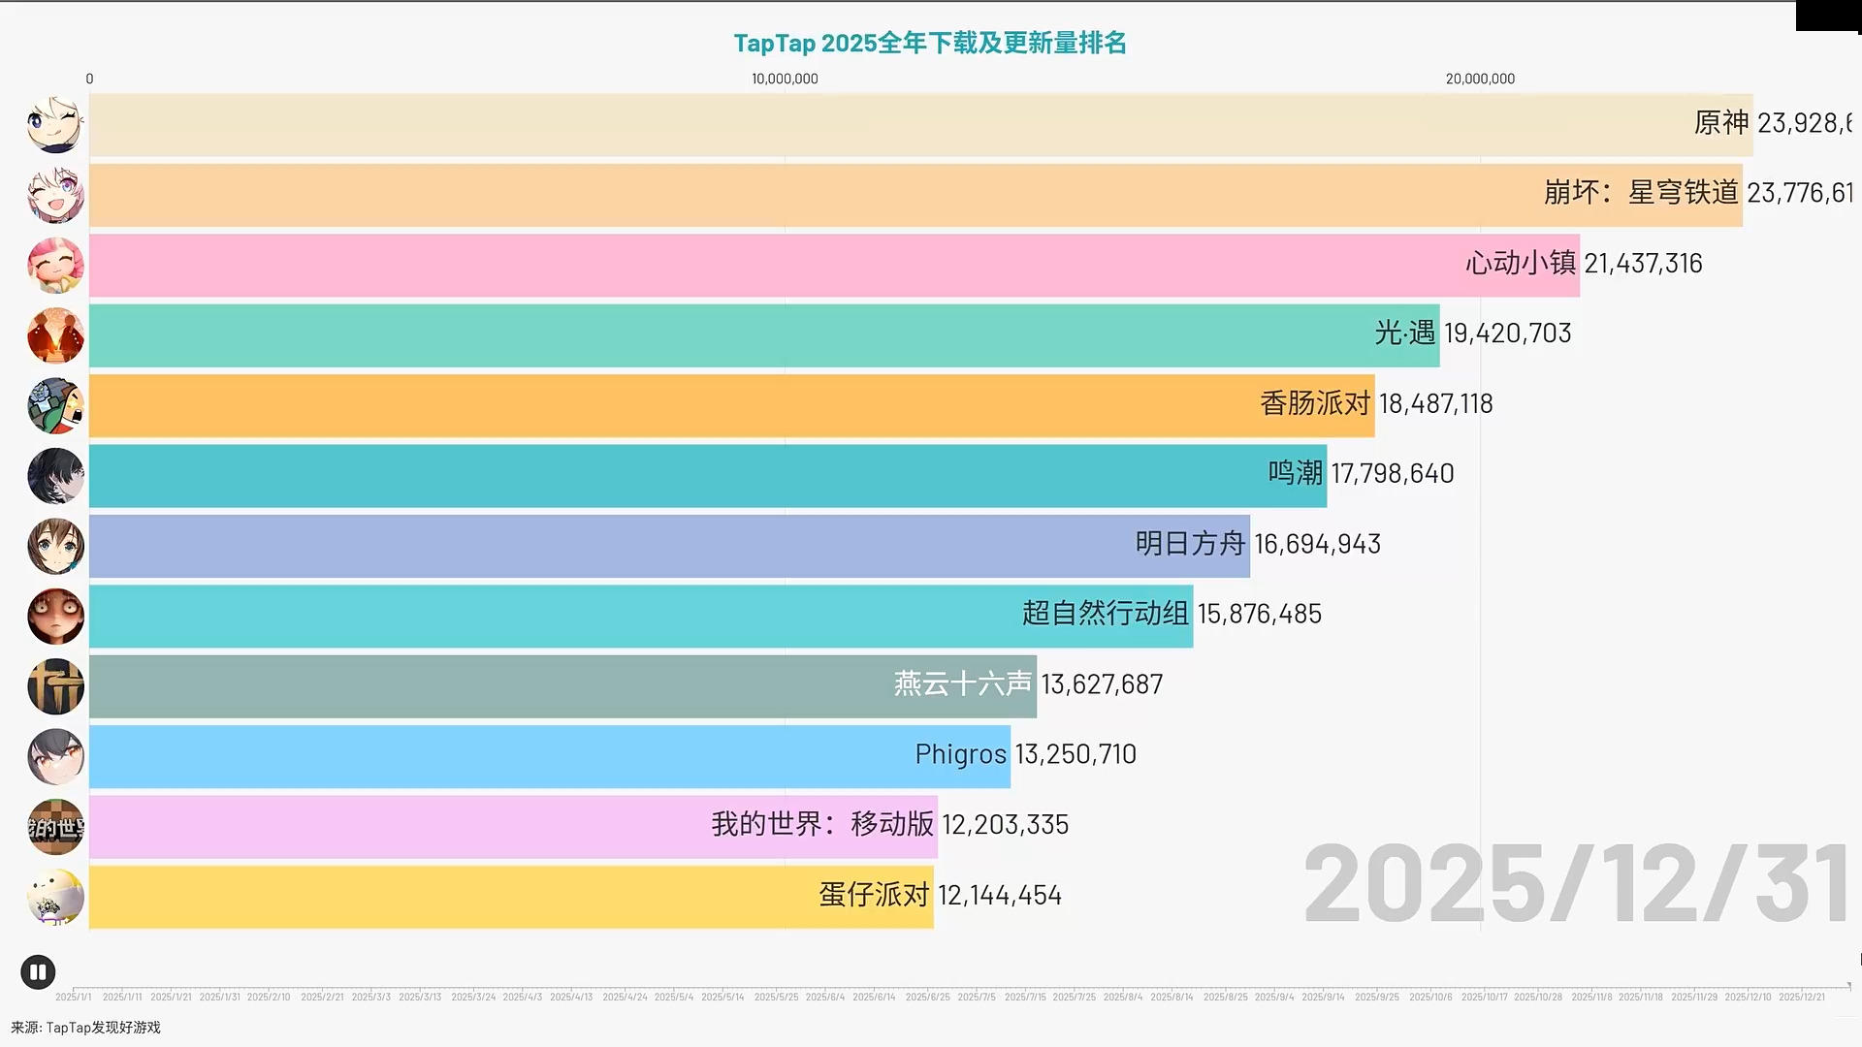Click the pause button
pos(38,971)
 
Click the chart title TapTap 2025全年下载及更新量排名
pos(929,44)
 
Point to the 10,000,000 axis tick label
pos(785,79)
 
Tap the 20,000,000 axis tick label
pos(1479,79)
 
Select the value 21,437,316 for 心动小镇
pos(1643,264)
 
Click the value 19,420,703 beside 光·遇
pos(1507,333)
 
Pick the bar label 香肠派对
pos(1315,403)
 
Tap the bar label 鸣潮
pos(1295,473)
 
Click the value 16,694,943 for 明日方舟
pos(1317,544)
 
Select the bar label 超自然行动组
pos(1105,614)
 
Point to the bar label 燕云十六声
pos(962,684)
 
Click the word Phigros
pos(960,754)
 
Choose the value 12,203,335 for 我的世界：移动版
pos(1005,825)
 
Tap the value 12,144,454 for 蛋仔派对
pos(999,895)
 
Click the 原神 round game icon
pos(55,125)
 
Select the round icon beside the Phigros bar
pos(55,756)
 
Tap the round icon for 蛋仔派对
pos(55,896)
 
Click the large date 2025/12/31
pos(1575,884)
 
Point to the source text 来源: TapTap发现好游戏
pos(85,1028)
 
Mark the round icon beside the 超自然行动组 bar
pos(55,617)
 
